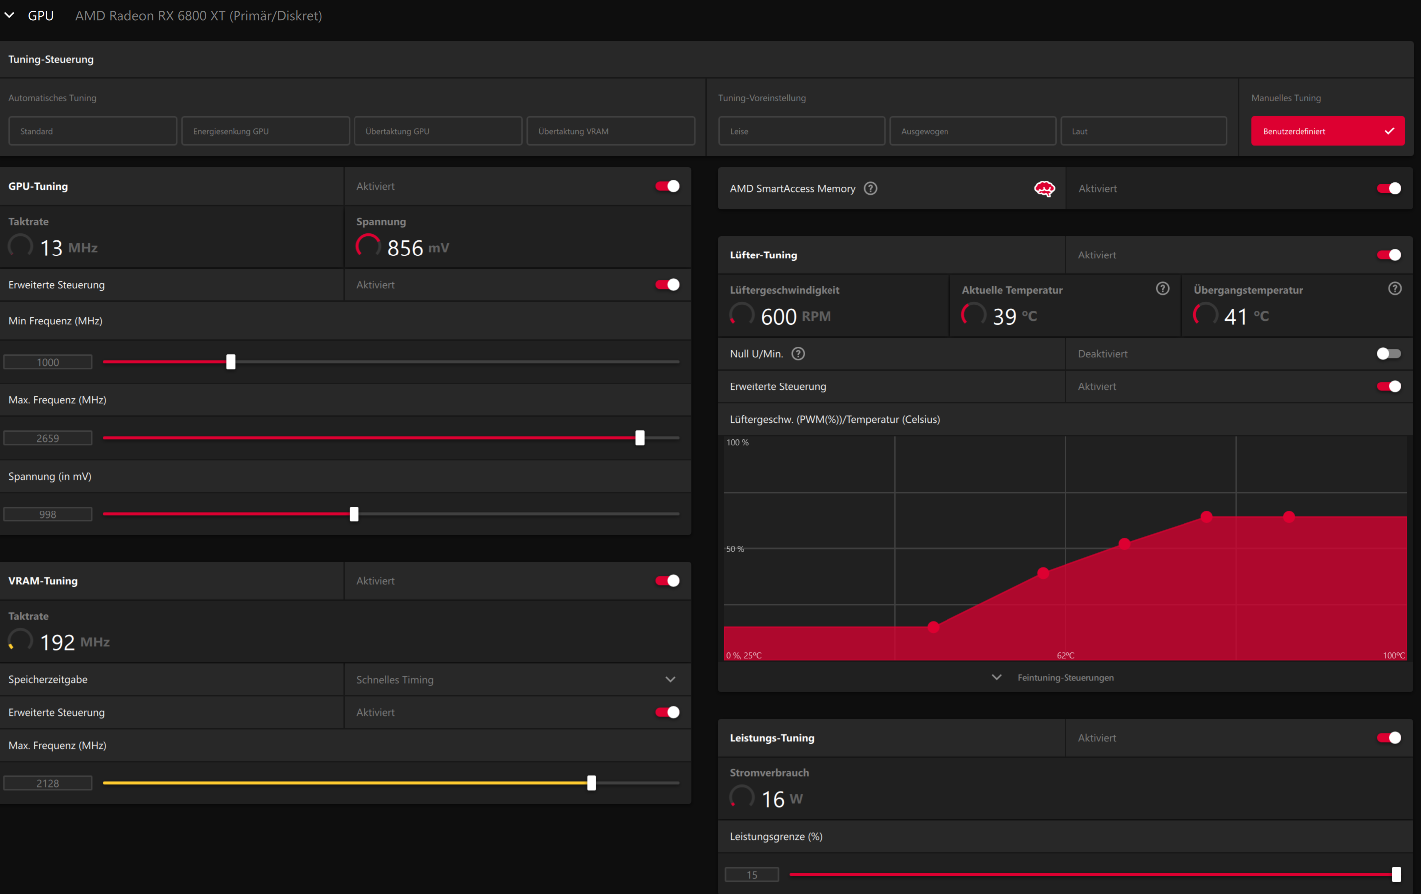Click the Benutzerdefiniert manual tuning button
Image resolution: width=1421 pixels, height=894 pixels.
(1327, 131)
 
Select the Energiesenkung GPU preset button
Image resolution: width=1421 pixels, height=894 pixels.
(265, 131)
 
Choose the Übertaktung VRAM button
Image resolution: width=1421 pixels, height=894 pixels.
(611, 131)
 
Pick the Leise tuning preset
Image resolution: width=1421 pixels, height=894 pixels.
(802, 131)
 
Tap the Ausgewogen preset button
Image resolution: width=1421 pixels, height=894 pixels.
(972, 131)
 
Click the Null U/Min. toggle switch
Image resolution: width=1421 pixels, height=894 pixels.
(1389, 354)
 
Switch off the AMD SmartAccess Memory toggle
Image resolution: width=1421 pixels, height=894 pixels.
(1389, 188)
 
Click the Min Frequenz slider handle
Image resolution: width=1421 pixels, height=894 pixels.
(231, 362)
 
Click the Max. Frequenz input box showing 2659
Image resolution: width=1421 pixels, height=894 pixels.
(48, 438)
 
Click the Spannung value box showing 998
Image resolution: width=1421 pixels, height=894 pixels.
(48, 514)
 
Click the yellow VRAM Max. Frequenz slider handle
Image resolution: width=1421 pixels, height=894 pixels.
(592, 783)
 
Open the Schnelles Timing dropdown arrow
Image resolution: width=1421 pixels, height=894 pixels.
(670, 680)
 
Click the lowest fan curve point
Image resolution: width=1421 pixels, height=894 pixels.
(933, 627)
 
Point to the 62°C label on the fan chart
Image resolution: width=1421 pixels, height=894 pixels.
(1066, 655)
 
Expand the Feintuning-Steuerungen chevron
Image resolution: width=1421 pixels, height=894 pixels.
(997, 677)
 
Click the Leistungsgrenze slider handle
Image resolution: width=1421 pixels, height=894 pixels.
(1396, 875)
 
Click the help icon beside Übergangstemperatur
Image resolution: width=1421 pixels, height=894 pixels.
(1395, 289)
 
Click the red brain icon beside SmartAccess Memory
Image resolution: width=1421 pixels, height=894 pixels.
(1045, 189)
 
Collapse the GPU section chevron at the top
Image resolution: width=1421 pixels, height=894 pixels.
(9, 15)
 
